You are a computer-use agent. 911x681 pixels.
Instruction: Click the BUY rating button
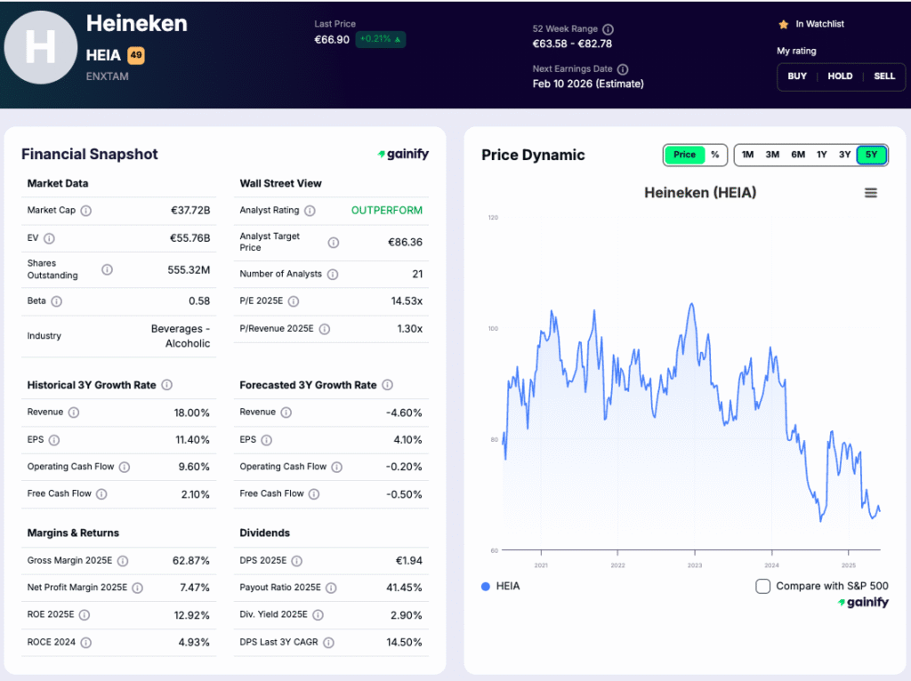pos(797,76)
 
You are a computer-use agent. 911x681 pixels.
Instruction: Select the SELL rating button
pos(884,76)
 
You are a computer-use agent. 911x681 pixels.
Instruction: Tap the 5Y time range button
pos(871,155)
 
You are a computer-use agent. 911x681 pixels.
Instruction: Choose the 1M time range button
pos(748,155)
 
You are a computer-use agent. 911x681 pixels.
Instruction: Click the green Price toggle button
pos(684,155)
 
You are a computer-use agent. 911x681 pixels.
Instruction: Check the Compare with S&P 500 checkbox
pos(762,586)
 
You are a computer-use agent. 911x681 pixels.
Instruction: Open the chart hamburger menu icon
pos(871,193)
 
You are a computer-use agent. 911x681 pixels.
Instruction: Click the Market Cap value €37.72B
pos(190,211)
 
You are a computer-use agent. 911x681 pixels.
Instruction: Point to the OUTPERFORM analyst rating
pos(387,211)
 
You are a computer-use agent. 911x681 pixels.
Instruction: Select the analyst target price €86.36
pos(405,242)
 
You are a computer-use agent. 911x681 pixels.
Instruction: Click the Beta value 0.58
pos(199,301)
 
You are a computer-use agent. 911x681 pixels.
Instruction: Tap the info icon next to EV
pos(49,238)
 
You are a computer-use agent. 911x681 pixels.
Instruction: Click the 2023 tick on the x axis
pos(695,565)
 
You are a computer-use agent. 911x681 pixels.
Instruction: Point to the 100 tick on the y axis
pos(492,329)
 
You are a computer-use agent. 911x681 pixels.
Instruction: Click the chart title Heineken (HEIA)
pos(699,193)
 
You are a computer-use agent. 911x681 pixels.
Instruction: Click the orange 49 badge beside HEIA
pos(136,55)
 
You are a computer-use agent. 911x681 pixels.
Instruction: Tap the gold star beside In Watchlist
pos(783,25)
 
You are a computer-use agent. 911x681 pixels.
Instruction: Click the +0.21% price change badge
pos(381,40)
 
